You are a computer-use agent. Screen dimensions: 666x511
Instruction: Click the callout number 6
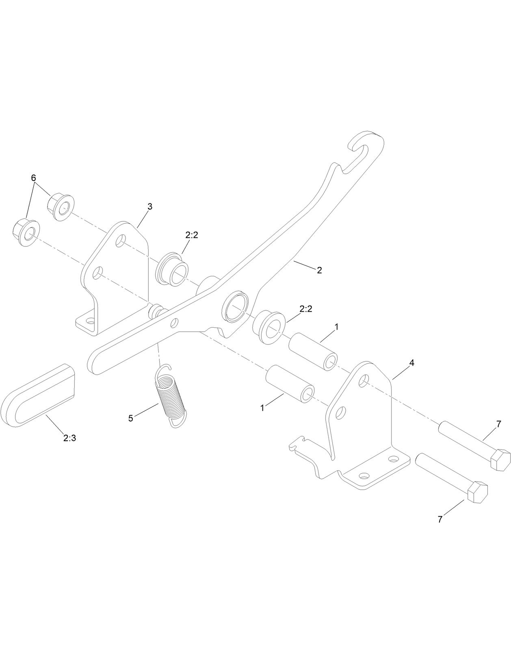coord(33,178)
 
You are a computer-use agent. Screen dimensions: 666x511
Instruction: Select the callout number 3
coord(149,207)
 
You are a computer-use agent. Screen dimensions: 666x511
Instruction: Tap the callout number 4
coord(411,363)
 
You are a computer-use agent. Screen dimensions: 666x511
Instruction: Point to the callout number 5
coord(131,418)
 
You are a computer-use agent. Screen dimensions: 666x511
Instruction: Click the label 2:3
coord(69,438)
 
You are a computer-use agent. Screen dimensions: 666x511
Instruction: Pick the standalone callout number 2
coord(319,270)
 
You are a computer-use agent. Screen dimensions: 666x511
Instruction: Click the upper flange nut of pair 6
coord(61,206)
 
